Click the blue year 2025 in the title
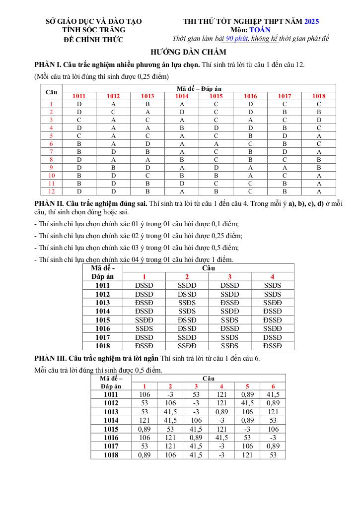coord(311,21)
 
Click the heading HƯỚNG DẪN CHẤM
coord(189,52)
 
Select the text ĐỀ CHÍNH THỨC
coord(94,40)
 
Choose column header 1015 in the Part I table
coord(216,96)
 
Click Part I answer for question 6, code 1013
coord(147,144)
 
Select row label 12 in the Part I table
coord(51,191)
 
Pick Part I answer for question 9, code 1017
coord(285,168)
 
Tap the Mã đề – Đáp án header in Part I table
coord(199,88)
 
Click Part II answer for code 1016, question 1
coord(144,328)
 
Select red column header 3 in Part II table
coord(229,277)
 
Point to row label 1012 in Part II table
coord(103,294)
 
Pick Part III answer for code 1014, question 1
coord(144,420)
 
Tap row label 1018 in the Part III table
coord(111,455)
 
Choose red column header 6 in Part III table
coord(273,386)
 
